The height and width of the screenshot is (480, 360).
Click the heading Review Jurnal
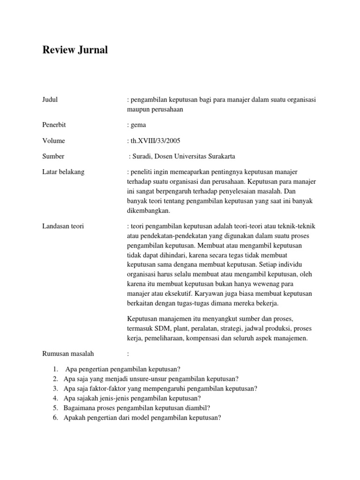[75, 50]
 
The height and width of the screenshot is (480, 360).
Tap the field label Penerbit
[53, 125]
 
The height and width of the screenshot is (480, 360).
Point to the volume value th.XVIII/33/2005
[154, 141]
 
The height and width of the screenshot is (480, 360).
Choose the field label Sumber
[53, 156]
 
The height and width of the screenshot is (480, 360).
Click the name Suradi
[144, 157]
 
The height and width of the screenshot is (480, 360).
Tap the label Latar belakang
[63, 172]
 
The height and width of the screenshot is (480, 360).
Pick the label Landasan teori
[63, 226]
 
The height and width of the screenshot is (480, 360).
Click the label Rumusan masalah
[67, 353]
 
